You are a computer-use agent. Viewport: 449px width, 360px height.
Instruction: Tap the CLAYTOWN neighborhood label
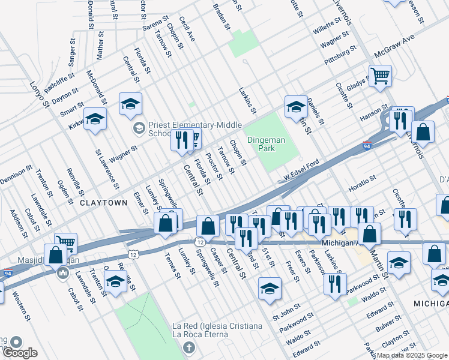tap(103, 203)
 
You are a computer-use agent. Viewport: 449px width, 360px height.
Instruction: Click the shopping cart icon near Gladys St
tap(380, 76)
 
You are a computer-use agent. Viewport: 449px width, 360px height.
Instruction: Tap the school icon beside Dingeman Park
tap(296, 106)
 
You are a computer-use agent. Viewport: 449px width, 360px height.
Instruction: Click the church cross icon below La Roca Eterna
tap(189, 348)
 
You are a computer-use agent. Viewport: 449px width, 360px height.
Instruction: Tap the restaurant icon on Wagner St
tap(181, 140)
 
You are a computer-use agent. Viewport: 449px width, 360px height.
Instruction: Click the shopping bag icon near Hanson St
tap(423, 133)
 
